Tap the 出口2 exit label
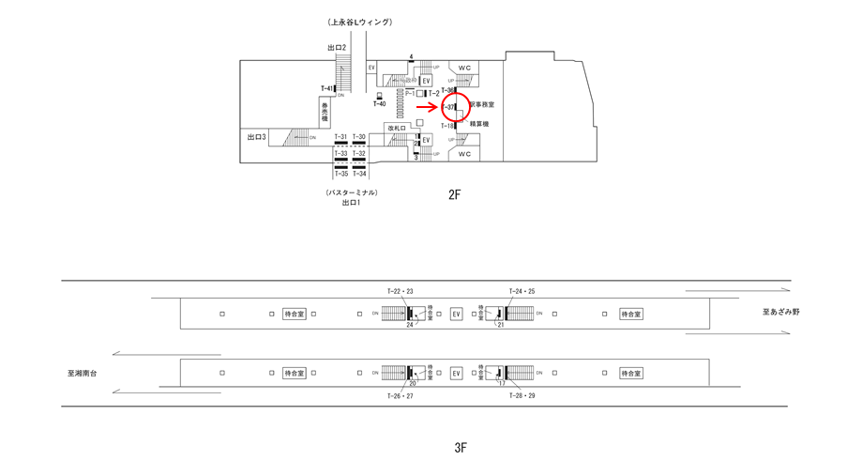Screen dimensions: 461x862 tap(337, 48)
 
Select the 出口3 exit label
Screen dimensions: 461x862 tap(256, 137)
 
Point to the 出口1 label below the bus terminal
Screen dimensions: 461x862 tap(351, 203)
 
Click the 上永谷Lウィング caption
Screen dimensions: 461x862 tap(359, 22)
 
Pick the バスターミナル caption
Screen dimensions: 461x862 tap(352, 192)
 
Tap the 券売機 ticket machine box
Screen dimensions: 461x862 tap(325, 114)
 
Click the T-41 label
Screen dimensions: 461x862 tap(326, 89)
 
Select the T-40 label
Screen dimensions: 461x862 tap(379, 104)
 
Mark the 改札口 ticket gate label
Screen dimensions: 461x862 tap(396, 128)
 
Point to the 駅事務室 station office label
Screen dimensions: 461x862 tap(482, 105)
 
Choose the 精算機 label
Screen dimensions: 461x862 tap(479, 124)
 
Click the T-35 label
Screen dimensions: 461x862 tap(340, 174)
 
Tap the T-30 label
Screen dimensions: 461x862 tap(359, 137)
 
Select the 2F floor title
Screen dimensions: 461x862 tap(455, 195)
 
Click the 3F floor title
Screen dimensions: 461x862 tap(461, 448)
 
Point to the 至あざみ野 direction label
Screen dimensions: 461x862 tap(781, 312)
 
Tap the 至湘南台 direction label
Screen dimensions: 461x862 tap(82, 373)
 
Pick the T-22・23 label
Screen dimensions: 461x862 tap(401, 291)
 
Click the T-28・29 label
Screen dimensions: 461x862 tap(522, 396)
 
